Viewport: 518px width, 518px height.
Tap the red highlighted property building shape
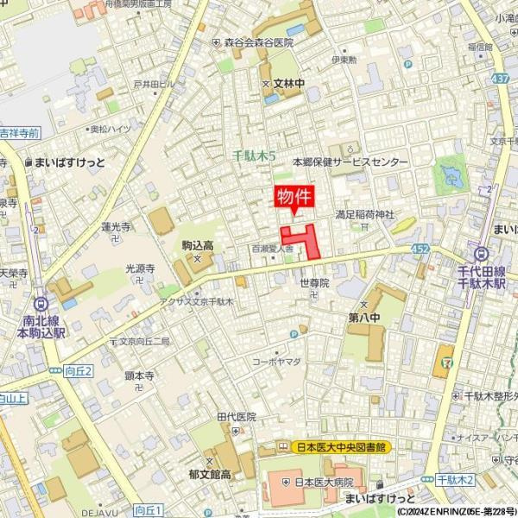click(303, 238)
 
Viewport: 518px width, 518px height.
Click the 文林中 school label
click(289, 84)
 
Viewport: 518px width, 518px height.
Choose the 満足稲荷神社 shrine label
click(364, 213)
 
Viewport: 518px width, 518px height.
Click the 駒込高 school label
click(198, 245)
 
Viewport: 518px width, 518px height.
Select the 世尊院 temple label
click(314, 282)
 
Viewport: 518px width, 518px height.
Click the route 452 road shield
click(420, 249)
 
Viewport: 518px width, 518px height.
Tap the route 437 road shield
click(499, 79)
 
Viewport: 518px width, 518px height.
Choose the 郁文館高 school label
click(210, 474)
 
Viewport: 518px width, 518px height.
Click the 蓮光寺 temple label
click(116, 227)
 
